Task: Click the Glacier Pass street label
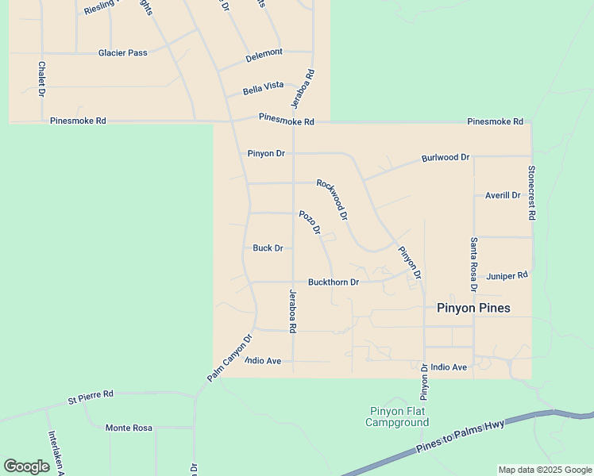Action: point(122,53)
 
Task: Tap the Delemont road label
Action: point(264,53)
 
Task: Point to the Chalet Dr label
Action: point(41,79)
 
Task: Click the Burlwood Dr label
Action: point(445,158)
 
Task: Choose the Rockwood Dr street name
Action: point(332,199)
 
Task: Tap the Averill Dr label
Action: point(503,195)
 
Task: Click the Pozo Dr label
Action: point(310,222)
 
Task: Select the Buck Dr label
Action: point(268,248)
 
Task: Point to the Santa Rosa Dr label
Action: point(473,264)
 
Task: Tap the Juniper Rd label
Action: point(507,276)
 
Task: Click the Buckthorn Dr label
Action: point(334,282)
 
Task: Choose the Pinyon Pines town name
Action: point(473,308)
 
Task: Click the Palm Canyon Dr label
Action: point(229,359)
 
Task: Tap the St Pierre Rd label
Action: point(91,394)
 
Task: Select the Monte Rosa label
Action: point(129,428)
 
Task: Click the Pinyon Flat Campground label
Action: point(397,416)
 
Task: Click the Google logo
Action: point(26,466)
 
